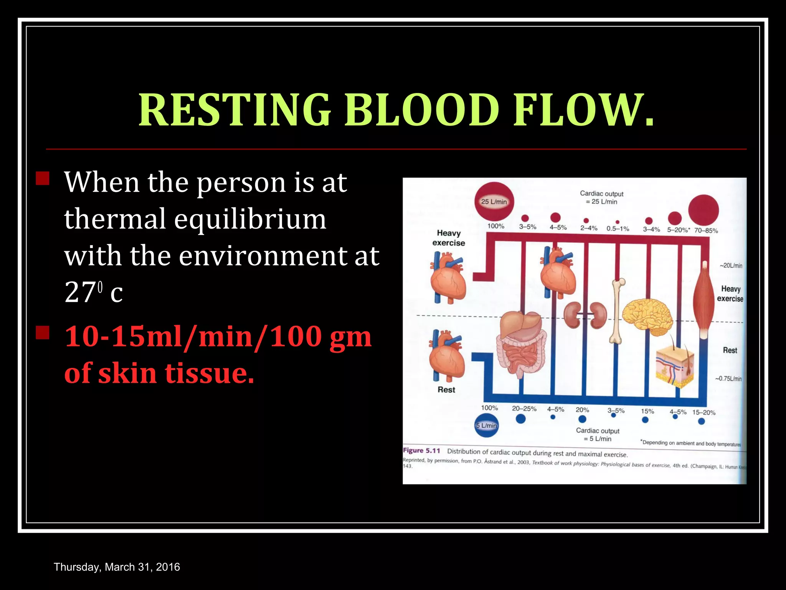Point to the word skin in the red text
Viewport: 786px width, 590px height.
[x=127, y=373]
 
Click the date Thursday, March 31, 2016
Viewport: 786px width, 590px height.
[x=117, y=567]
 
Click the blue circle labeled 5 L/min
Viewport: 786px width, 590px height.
[x=486, y=425]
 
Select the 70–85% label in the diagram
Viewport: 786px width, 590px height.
[x=706, y=230]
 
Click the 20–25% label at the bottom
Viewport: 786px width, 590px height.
[x=524, y=409]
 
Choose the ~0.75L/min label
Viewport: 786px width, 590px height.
[x=728, y=378]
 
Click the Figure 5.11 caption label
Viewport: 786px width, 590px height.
[x=421, y=451]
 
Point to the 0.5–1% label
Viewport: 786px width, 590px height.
[x=618, y=229]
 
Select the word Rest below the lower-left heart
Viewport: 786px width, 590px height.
[x=446, y=389]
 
